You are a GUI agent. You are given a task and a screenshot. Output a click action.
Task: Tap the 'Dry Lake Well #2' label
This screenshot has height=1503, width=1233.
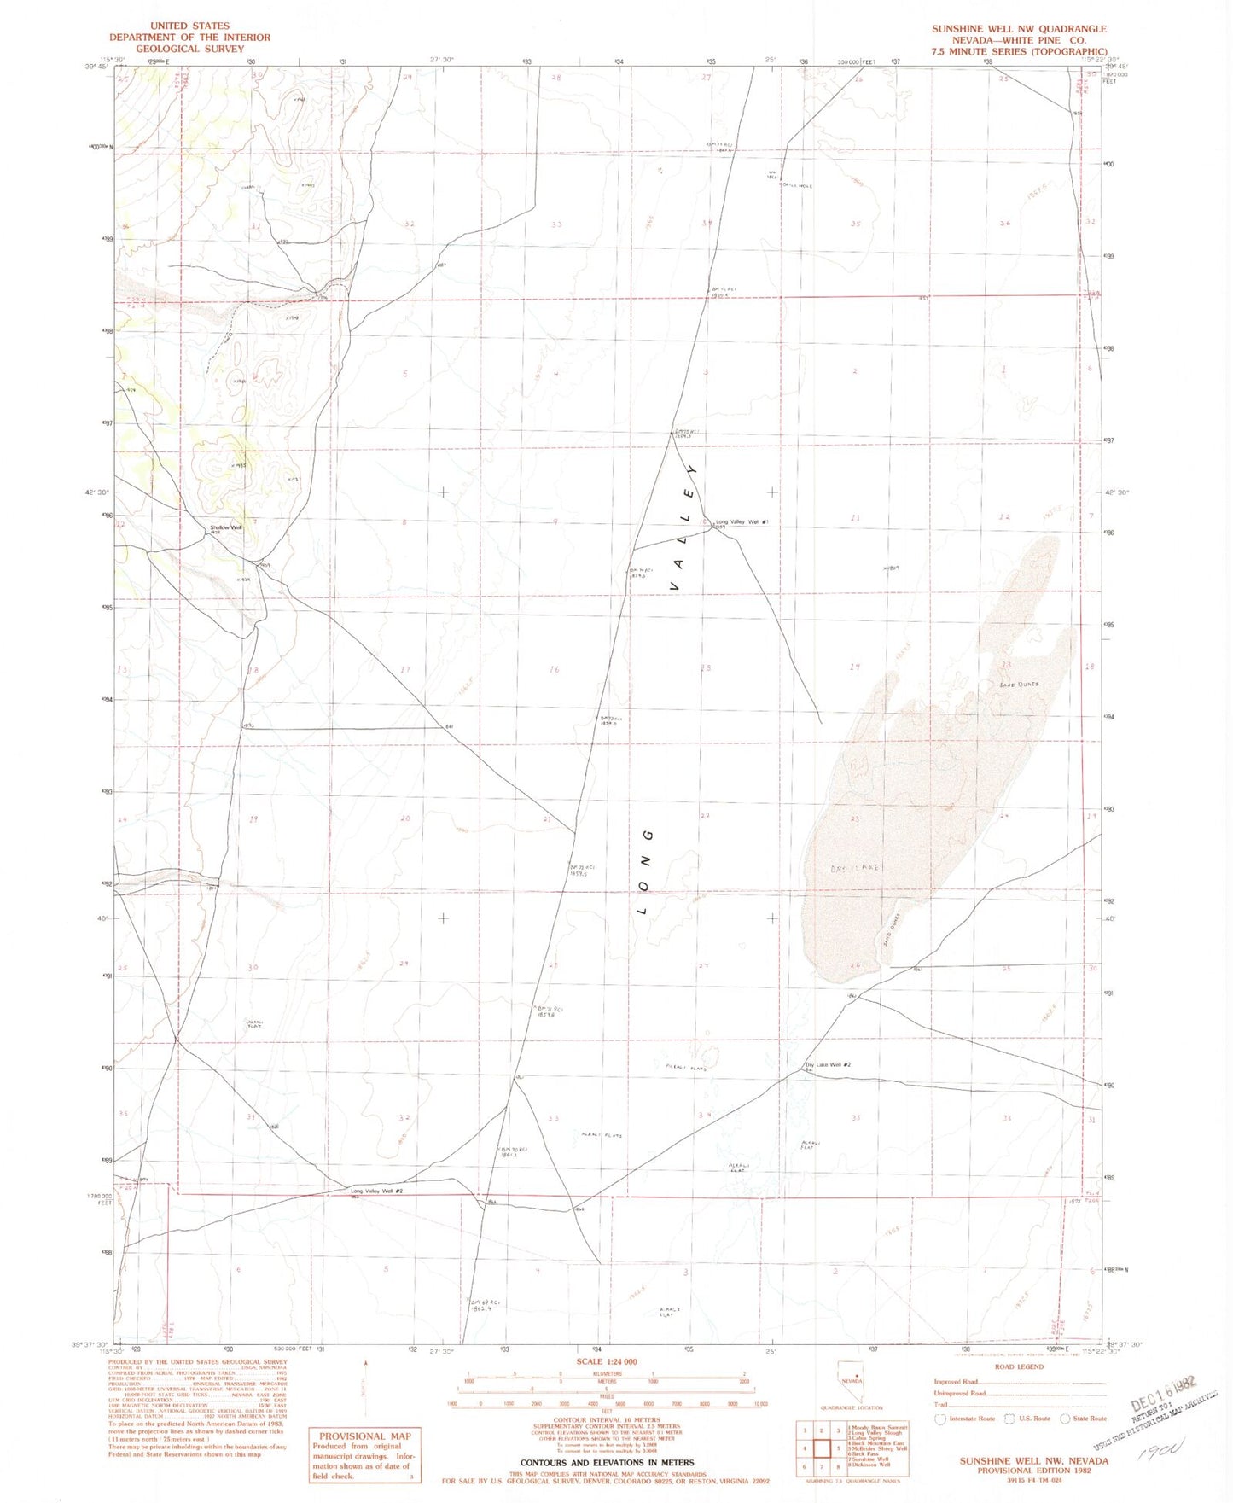tap(828, 1064)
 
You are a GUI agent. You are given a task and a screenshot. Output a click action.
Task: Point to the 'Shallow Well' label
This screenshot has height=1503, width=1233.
tap(226, 527)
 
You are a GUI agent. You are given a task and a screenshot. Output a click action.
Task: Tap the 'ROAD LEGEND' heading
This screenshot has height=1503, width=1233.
tap(1019, 1366)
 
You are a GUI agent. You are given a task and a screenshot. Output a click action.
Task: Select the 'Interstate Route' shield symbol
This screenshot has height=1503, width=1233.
tap(941, 1419)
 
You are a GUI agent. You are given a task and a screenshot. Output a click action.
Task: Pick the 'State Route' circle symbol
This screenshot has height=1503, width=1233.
tap(1065, 1419)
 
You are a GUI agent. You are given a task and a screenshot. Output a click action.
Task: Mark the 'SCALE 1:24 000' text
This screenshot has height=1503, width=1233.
tap(607, 1361)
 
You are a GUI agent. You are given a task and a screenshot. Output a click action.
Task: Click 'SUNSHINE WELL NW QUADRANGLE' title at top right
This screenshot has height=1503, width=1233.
tap(1019, 29)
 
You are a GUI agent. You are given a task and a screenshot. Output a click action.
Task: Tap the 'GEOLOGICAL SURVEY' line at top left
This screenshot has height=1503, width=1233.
tap(189, 49)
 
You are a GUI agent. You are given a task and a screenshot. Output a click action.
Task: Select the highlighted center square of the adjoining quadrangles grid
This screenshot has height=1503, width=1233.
tap(822, 1448)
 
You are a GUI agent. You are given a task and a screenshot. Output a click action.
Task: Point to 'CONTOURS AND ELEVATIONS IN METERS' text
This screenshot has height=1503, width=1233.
tap(607, 1463)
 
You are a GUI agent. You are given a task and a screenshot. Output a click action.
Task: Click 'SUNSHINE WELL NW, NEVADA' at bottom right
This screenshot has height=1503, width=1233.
tap(1033, 1461)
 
